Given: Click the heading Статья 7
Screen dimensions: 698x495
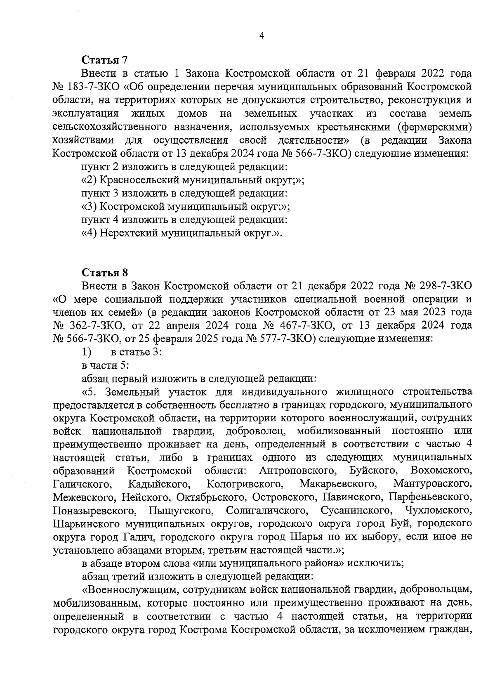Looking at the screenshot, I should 105,60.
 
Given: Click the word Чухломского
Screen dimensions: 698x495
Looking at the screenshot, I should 438,510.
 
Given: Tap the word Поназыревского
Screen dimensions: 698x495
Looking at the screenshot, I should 94,510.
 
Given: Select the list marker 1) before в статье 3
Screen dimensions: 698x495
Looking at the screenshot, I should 86,352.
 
